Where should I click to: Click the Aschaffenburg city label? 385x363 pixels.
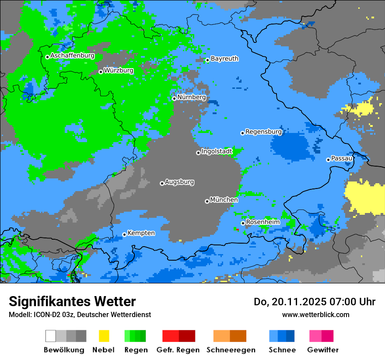72,56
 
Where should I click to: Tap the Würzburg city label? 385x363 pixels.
119,70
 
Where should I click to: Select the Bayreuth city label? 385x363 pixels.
224,59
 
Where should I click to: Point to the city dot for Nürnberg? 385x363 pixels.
174,98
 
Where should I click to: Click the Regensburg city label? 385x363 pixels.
263,132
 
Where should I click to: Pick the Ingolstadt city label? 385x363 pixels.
217,151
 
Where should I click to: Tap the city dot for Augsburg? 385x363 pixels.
162,183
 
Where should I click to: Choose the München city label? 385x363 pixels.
224,200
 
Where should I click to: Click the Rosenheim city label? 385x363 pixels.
262,222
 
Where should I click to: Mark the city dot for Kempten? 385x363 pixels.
124,234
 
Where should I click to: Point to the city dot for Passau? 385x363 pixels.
328,160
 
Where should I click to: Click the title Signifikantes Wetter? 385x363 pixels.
72,301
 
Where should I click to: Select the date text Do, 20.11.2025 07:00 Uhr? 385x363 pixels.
315,302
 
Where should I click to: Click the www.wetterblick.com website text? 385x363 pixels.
316,314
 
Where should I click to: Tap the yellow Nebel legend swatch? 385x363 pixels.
104,336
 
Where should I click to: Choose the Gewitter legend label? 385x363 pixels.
323,350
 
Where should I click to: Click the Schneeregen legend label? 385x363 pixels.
231,350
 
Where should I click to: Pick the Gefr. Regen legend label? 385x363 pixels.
178,350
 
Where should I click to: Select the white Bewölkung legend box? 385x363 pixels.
51,336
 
